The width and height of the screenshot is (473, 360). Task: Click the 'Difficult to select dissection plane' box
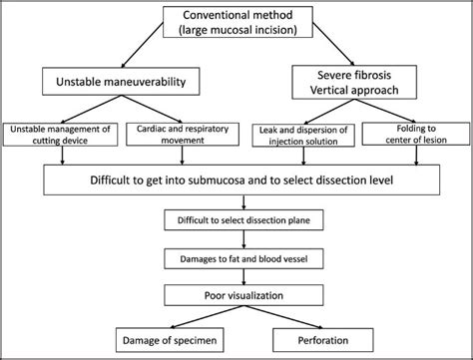click(x=236, y=217)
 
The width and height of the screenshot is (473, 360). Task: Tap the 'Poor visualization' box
click(x=236, y=296)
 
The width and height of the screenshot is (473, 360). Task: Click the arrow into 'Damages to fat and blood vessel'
click(x=236, y=238)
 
